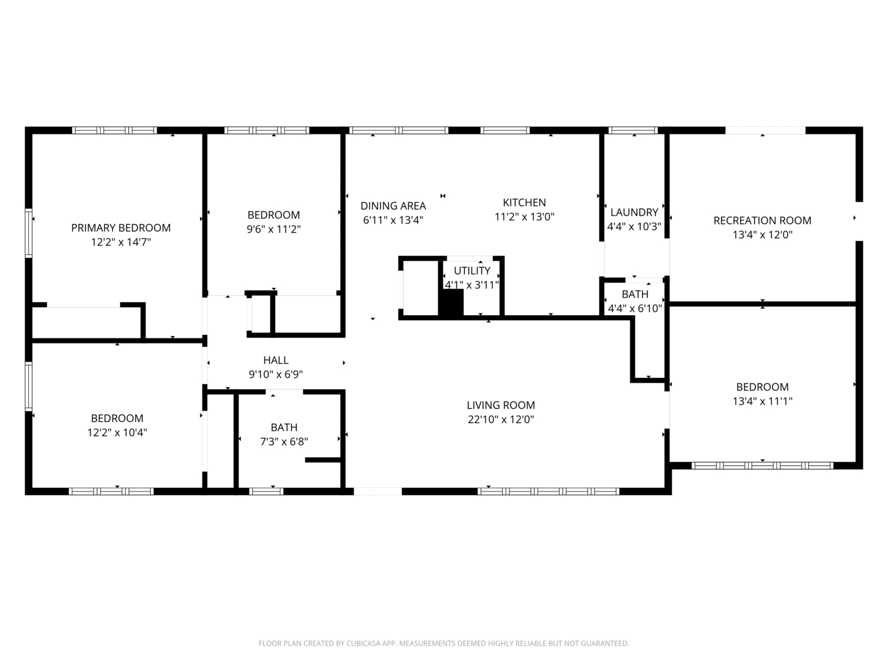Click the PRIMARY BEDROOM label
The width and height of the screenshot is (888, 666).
click(x=121, y=228)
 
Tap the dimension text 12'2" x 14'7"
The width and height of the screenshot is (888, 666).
click(x=121, y=242)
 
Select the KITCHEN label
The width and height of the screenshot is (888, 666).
click(x=524, y=202)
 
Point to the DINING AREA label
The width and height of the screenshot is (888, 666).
click(x=393, y=206)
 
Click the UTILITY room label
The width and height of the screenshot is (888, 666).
click(x=472, y=271)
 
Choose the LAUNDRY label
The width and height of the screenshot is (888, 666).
click(x=635, y=212)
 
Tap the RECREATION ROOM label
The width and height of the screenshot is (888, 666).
click(x=763, y=220)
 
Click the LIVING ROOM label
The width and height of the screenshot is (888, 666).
click(x=501, y=405)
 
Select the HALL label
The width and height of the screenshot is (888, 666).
click(x=276, y=360)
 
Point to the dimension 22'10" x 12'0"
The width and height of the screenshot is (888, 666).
click(x=501, y=419)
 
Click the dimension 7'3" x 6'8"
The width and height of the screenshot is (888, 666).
click(x=284, y=442)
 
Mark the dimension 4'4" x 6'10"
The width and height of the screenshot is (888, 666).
click(x=635, y=308)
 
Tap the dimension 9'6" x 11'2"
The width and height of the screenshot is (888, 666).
click(x=274, y=229)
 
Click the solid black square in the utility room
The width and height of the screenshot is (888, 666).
click(x=451, y=303)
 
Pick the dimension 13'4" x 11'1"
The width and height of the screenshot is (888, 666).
click(x=763, y=401)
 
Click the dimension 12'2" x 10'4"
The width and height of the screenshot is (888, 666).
click(x=117, y=432)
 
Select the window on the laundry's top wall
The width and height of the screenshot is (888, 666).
click(x=633, y=130)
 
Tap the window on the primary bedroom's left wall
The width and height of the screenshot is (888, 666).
click(x=28, y=233)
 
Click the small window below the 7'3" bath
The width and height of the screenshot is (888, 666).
click(x=266, y=491)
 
